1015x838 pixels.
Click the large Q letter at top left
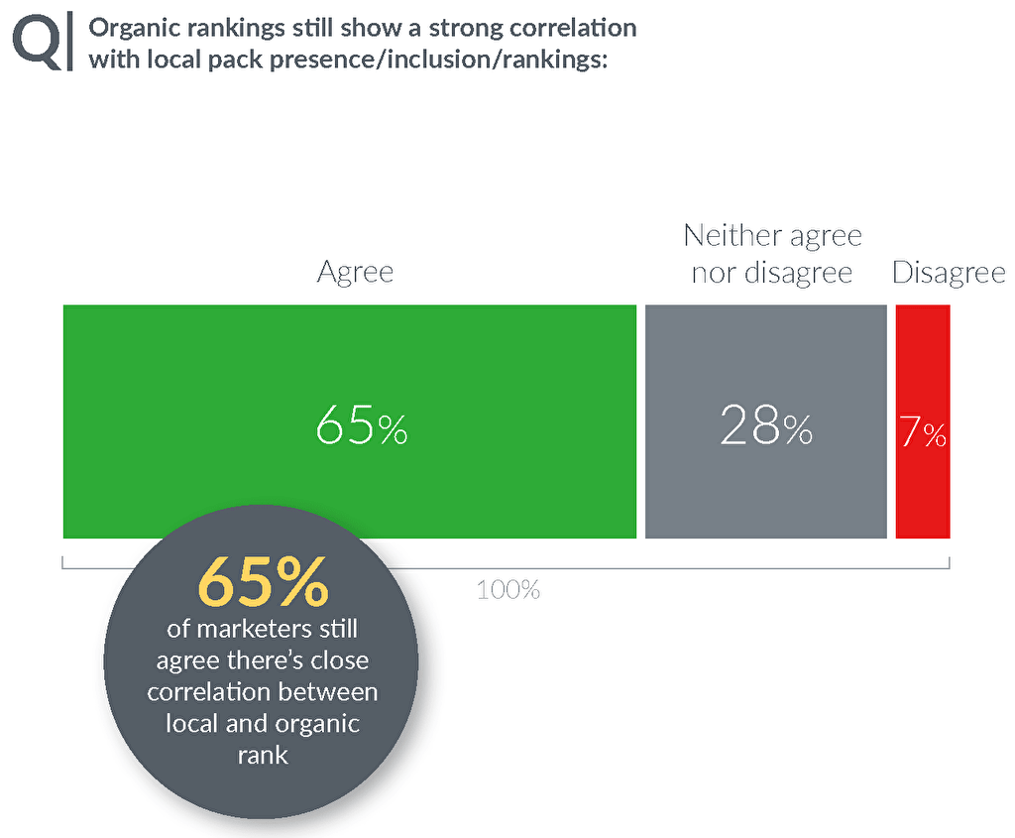[x=36, y=44]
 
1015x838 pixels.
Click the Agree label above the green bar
[x=355, y=272]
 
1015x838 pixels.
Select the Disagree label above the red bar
[x=949, y=273]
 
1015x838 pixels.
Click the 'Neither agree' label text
[x=772, y=236]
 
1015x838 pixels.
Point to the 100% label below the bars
[x=507, y=591]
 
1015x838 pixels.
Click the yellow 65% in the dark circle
[x=262, y=583]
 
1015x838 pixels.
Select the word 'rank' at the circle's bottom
[x=263, y=755]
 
